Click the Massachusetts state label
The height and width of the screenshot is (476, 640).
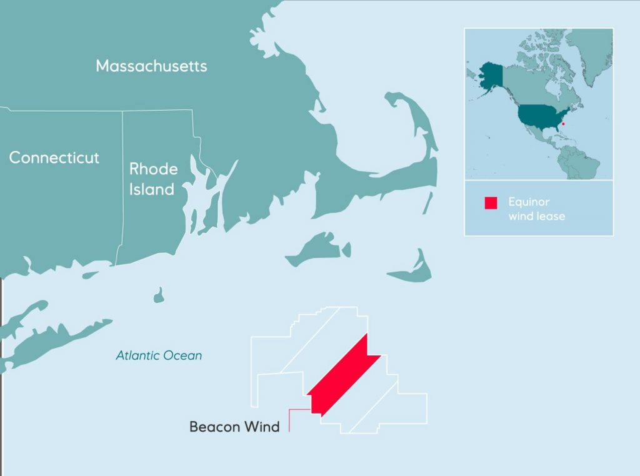[151, 66]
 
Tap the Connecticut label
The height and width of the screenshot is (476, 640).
[54, 157]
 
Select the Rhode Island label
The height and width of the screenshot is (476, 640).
[153, 179]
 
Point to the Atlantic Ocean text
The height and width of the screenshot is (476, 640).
[159, 355]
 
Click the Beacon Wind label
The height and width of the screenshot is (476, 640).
[234, 427]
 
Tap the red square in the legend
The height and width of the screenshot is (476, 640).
[491, 203]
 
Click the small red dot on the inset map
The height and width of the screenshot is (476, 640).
[563, 124]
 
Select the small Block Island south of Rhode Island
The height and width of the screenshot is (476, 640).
[159, 293]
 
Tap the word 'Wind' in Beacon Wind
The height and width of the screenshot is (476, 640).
[262, 427]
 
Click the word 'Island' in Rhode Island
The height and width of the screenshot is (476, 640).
[152, 189]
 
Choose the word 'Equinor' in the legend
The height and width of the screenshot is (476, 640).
[529, 202]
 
